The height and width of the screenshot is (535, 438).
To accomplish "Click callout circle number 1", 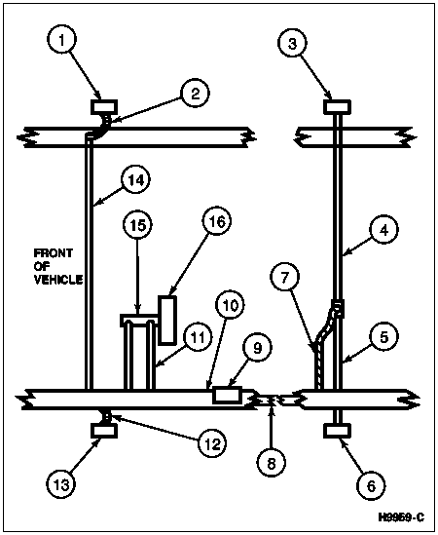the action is [61, 40].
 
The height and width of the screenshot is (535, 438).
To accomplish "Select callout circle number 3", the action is [292, 44].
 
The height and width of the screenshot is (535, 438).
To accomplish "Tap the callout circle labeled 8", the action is [272, 463].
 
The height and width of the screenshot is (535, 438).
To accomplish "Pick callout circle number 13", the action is [61, 484].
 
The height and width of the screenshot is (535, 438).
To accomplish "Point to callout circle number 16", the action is [217, 221].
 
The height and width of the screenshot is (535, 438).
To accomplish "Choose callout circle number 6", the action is [371, 485].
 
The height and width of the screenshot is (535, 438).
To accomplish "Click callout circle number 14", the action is [136, 179].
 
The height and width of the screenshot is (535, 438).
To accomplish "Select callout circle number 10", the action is [230, 305].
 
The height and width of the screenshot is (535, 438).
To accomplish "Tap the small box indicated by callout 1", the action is [104, 107].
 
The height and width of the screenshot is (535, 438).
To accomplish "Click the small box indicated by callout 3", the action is [337, 107].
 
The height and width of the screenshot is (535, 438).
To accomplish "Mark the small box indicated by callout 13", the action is [104, 431].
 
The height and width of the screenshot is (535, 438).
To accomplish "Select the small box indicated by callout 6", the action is [337, 431].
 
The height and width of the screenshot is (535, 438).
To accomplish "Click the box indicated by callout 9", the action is [227, 396].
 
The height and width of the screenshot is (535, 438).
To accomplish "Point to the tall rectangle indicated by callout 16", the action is [167, 320].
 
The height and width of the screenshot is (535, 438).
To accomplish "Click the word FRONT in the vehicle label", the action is [54, 252].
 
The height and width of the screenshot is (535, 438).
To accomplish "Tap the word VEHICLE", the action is [58, 280].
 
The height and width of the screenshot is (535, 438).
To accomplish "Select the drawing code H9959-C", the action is [401, 517].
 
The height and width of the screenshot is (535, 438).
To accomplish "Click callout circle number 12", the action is [212, 443].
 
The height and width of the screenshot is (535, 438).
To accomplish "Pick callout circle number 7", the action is [284, 277].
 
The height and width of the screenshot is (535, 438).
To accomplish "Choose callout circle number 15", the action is [137, 225].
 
